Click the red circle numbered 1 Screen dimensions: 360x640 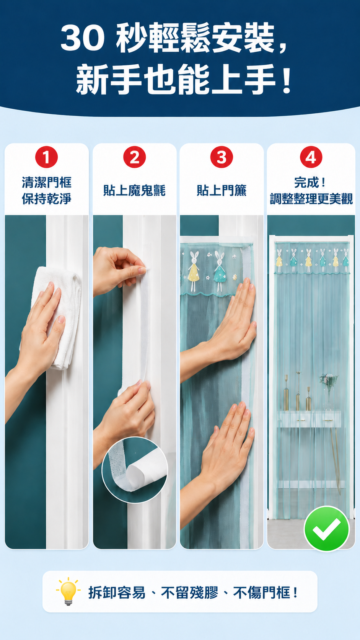47,157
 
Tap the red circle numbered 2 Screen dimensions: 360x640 134,157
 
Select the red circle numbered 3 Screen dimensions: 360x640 222,157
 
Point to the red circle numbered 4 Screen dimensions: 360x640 311,157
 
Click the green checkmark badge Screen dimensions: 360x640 327,528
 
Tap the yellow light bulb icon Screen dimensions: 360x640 68,591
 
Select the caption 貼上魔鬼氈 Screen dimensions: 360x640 134,191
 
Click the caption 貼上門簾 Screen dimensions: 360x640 222,191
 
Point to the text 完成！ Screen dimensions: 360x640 310,183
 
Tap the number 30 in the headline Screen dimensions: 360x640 83,38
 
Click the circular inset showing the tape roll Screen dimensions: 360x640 135,470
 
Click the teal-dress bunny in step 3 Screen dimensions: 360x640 220,270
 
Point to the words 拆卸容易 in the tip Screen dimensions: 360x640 117,593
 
